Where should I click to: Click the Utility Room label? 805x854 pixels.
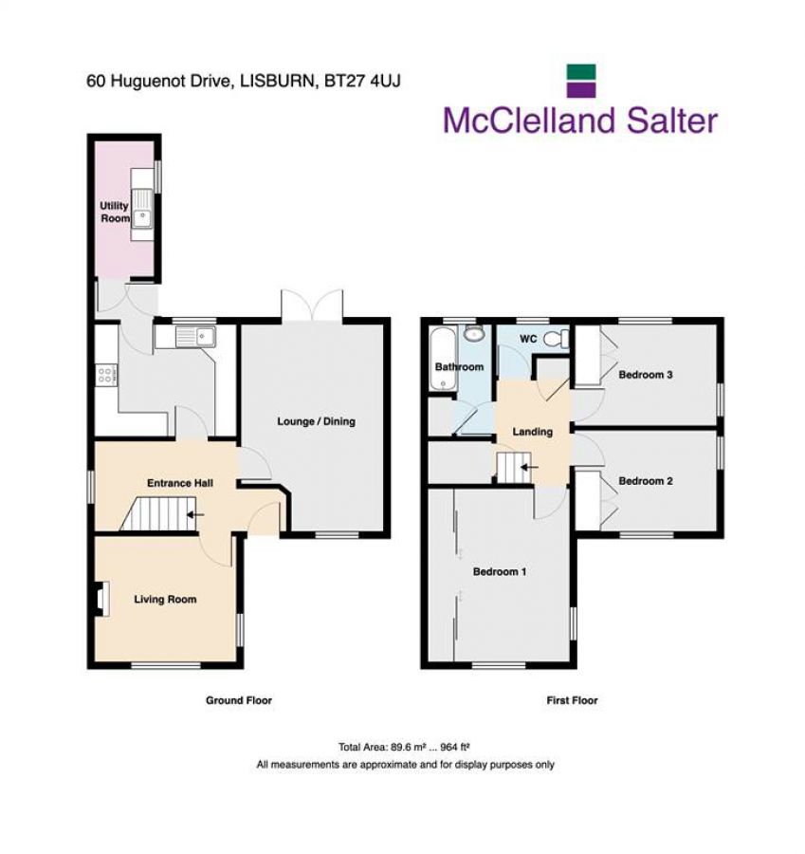[x=115, y=212]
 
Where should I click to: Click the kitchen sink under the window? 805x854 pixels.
[x=196, y=335]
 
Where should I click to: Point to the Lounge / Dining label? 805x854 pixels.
[x=316, y=421]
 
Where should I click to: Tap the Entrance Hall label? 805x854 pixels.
[x=179, y=483]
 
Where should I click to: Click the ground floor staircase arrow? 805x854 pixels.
[x=196, y=515]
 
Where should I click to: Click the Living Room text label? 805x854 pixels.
[x=165, y=599]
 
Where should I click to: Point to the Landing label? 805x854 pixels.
[x=532, y=432]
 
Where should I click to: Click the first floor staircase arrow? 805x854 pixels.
[x=529, y=467]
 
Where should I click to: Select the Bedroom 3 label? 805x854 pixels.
[x=646, y=375]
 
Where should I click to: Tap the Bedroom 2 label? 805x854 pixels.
[x=646, y=481]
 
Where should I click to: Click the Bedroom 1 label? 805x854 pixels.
[x=500, y=571]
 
